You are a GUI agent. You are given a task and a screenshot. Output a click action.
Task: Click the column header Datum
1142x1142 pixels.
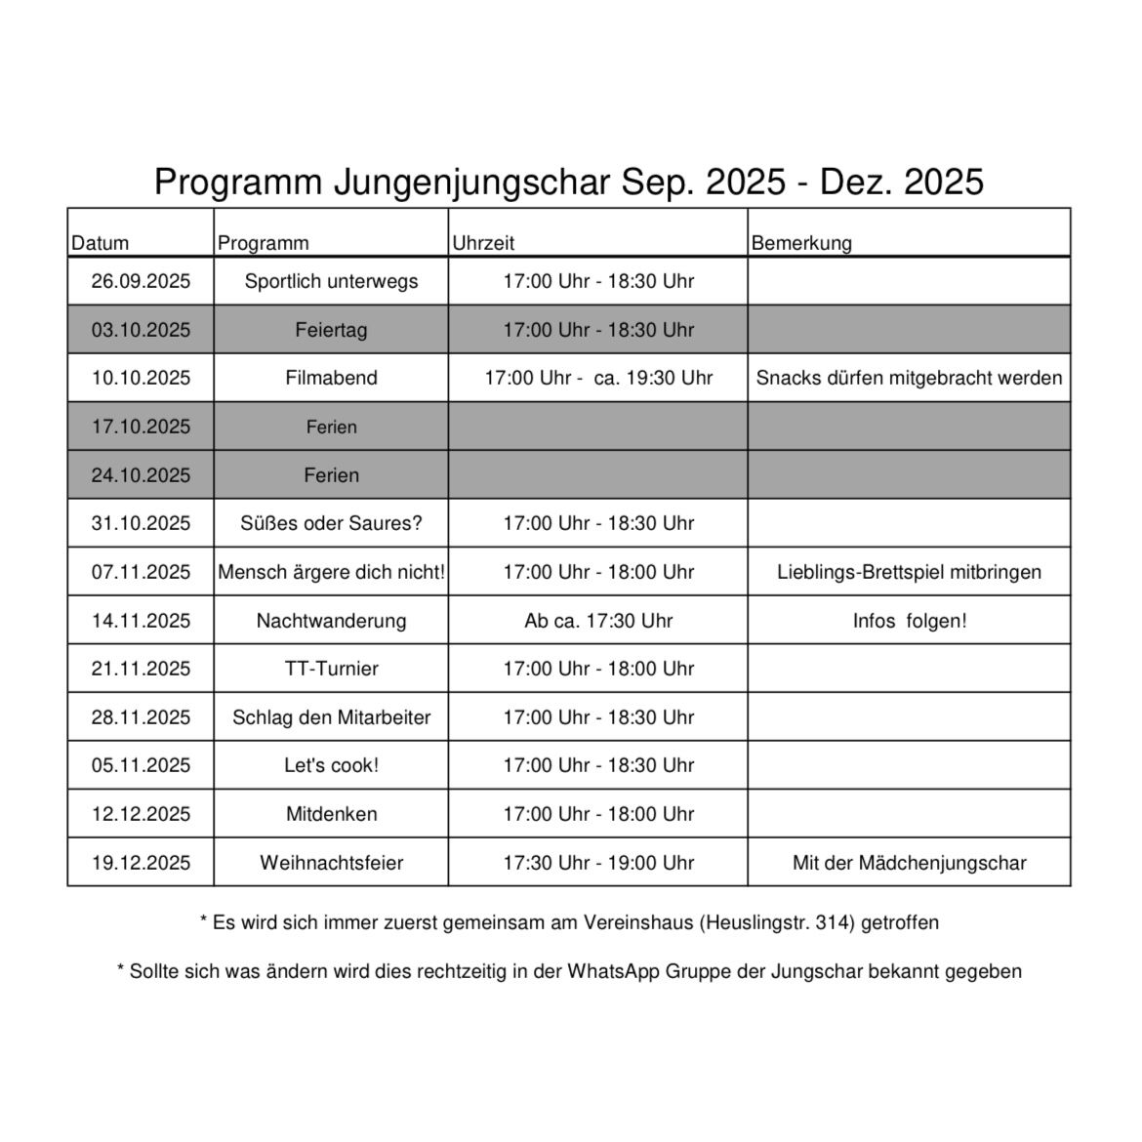point(100,243)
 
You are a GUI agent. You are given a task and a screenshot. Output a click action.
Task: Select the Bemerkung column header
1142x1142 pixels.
point(800,243)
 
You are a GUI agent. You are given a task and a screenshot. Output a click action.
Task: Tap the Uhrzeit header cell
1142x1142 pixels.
point(482,243)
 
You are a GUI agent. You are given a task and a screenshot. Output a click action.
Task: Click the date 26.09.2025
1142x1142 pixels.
point(141,281)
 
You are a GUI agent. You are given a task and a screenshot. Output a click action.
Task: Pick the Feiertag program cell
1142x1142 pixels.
point(331,330)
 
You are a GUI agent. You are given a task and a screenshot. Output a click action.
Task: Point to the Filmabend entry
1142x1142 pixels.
point(331,378)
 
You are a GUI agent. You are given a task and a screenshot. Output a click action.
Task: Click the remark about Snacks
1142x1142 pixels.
point(909,378)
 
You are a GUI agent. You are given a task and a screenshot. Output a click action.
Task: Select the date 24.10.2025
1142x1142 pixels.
point(141,475)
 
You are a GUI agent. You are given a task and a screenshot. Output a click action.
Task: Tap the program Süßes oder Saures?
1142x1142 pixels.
point(331,523)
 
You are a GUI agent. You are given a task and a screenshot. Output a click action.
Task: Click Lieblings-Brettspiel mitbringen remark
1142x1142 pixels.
point(909,572)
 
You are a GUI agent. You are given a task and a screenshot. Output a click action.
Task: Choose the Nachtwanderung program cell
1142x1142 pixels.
point(331,621)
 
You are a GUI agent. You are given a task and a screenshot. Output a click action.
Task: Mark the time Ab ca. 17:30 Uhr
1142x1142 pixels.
point(598,621)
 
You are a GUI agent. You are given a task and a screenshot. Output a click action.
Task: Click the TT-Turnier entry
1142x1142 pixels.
point(331,669)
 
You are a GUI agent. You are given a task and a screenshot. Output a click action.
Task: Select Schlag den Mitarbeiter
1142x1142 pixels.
point(331,717)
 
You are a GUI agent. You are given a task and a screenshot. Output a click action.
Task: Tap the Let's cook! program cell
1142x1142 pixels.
point(331,765)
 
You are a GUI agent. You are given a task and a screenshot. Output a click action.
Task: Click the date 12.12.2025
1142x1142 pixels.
point(141,814)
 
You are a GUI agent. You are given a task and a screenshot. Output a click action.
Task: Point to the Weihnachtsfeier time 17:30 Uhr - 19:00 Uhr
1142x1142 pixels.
point(598,863)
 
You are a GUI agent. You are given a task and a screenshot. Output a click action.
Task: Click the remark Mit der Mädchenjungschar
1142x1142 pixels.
point(909,863)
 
